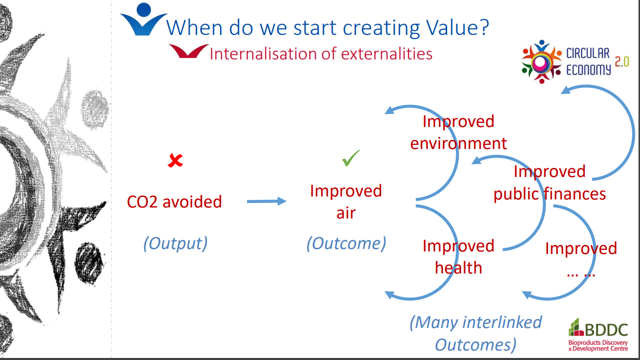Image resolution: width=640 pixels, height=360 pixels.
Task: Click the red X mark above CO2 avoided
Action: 175,160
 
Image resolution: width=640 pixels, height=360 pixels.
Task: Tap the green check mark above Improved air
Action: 351,158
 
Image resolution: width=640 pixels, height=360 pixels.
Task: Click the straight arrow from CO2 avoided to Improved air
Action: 267,201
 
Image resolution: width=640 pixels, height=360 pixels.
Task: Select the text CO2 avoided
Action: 174,201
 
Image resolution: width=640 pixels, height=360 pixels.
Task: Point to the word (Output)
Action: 175,243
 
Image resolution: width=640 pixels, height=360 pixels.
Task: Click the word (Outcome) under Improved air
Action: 346,243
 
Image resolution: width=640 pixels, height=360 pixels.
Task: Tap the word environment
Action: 459,143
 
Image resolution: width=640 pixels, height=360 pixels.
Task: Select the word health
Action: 459,267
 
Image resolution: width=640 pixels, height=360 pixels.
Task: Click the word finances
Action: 575,194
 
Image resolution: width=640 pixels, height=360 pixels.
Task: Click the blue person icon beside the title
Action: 143,19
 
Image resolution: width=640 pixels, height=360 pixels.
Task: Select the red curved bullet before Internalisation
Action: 188,51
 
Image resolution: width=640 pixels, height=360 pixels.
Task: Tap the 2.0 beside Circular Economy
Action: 622,61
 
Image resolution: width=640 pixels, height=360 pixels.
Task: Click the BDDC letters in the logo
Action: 607,329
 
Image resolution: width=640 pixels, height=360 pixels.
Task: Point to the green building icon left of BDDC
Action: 576,327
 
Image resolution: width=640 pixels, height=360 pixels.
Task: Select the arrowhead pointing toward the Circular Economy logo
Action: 566,90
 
